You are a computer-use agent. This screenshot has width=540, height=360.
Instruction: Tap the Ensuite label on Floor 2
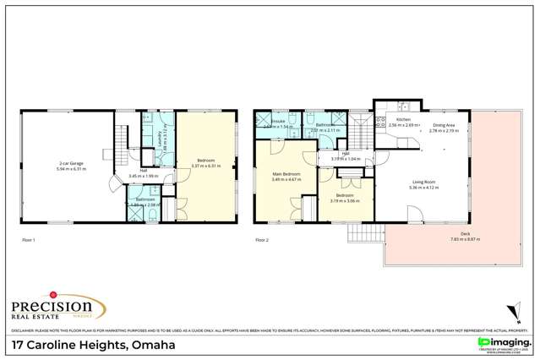(x=278, y=122)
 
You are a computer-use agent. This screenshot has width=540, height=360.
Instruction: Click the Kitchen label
(x=403, y=119)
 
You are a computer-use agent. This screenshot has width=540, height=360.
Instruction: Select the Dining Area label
(x=444, y=124)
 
